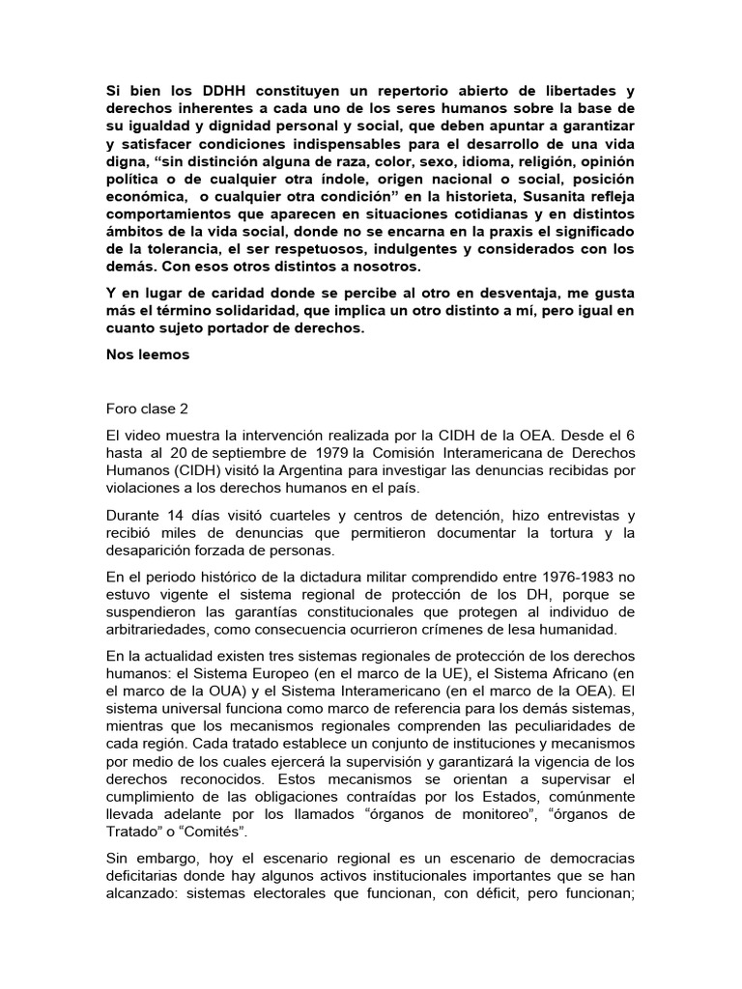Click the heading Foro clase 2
click(149, 409)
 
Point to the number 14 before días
click(176, 516)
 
